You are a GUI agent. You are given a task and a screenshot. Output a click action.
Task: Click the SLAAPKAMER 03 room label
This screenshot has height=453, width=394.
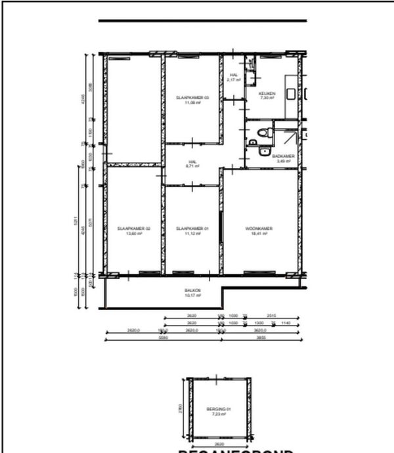[x=192, y=98]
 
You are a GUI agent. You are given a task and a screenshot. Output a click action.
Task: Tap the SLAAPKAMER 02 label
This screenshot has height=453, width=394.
[x=134, y=228]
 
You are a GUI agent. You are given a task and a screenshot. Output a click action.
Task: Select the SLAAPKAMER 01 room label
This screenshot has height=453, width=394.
[x=192, y=228]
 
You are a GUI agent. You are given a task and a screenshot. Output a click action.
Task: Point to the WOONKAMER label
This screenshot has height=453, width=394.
[x=259, y=228]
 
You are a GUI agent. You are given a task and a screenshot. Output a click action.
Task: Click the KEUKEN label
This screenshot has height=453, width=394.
[x=267, y=94]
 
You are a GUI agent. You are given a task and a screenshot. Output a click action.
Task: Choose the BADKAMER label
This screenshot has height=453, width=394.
[x=283, y=156]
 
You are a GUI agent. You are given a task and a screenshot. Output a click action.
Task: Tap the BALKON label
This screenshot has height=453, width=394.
[x=192, y=290]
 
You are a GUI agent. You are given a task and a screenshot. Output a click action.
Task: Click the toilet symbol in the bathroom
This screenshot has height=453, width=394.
[x=263, y=134]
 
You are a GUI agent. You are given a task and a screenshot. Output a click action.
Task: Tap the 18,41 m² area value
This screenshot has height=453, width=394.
[x=259, y=234]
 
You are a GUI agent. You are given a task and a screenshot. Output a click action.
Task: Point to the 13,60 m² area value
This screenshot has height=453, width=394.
[x=134, y=234]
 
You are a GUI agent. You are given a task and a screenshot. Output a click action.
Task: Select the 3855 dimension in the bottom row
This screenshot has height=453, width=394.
[x=260, y=337]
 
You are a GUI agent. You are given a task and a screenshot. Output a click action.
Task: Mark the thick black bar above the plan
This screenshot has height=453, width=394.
[x=202, y=21]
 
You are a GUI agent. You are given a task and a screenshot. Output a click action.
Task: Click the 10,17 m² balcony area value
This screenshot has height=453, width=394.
[x=192, y=295]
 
